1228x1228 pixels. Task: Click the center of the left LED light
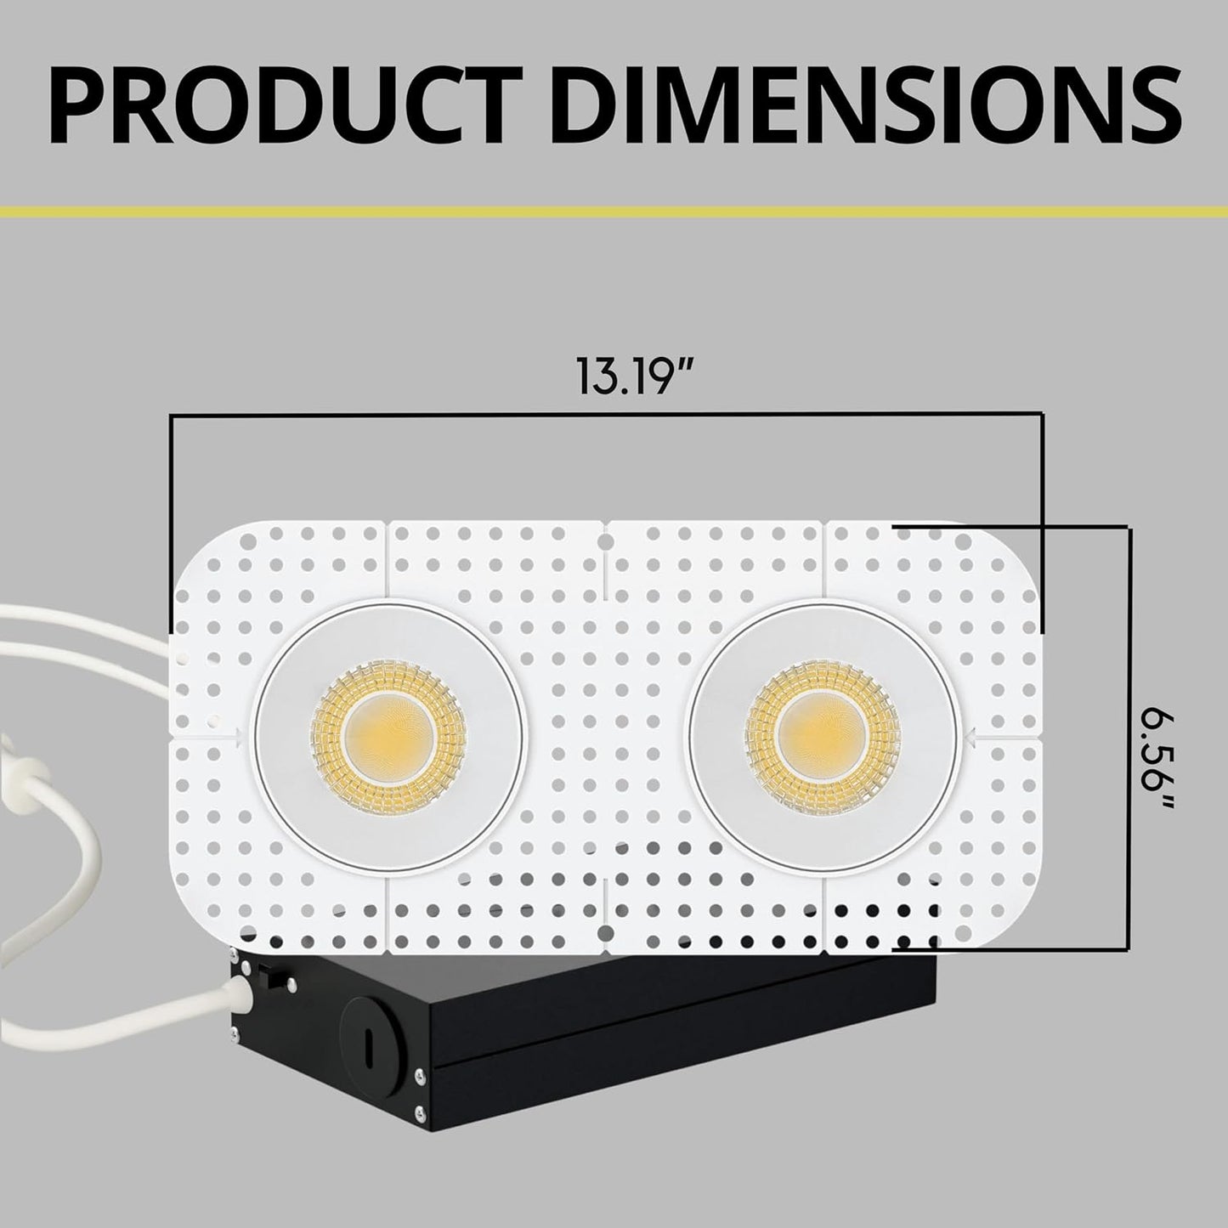[x=388, y=737]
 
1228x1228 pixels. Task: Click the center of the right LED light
[x=823, y=735]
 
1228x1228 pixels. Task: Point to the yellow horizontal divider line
[x=614, y=211]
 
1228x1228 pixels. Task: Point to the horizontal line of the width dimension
[x=607, y=415]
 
